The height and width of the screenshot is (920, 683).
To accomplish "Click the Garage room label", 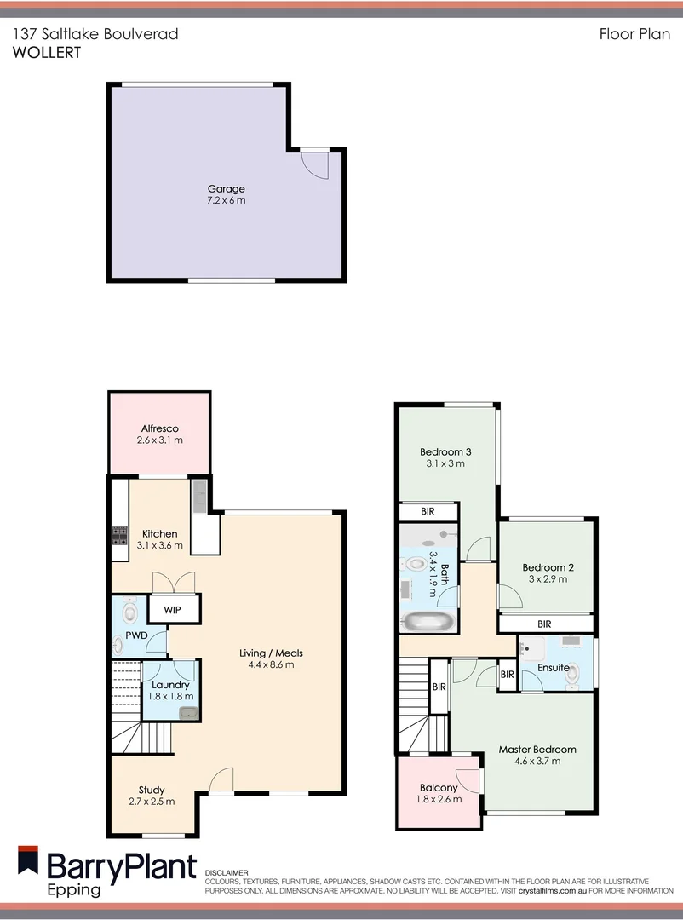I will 226,189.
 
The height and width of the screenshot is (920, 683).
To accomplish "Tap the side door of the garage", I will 315,163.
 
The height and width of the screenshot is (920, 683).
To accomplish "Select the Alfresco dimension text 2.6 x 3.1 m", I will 159,440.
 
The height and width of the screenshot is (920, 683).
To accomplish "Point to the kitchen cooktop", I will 118,536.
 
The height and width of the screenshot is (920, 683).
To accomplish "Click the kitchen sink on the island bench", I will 199,495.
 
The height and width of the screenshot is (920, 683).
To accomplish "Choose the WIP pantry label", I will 174,609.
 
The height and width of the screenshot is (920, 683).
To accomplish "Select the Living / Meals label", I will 271,653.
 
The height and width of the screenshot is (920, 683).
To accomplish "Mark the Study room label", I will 152,790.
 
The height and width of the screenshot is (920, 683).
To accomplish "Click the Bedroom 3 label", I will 445,451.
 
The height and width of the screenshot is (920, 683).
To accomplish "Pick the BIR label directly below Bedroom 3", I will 428,512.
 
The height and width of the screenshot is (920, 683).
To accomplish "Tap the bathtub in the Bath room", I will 428,620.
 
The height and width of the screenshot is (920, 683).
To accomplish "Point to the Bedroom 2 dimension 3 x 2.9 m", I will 545,579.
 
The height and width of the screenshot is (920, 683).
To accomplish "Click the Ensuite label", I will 554,668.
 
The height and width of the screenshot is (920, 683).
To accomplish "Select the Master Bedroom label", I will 537,750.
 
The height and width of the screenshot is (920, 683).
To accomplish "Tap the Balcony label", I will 439,788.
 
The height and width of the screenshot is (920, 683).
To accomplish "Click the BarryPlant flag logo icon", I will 28,860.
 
